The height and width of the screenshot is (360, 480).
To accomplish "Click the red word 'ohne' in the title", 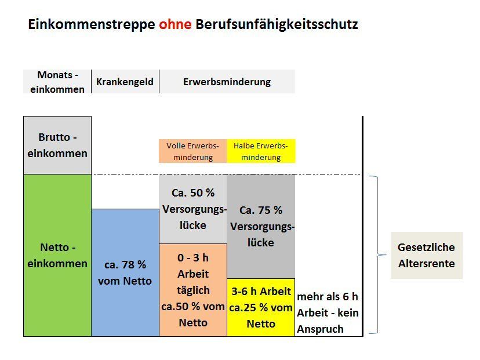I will pyautogui.click(x=175, y=25).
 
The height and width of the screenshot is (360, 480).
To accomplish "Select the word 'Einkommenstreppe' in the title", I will pyautogui.click(x=92, y=25).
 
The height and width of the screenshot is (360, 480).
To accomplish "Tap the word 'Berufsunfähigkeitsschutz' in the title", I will pyautogui.click(x=277, y=25).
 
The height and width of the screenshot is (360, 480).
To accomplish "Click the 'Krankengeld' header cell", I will pyautogui.click(x=125, y=82).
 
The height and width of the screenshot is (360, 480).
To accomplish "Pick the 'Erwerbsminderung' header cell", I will pyautogui.click(x=227, y=82).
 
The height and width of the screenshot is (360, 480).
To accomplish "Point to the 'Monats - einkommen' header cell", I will pyautogui.click(x=57, y=82).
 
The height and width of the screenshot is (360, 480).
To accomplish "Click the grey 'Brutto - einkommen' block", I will pyautogui.click(x=57, y=145).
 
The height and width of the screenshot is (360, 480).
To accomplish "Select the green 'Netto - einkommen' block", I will pyautogui.click(x=57, y=255).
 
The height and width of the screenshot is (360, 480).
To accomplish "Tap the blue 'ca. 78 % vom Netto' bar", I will pyautogui.click(x=125, y=272).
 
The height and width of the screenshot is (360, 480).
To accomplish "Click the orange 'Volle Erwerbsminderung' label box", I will pyautogui.click(x=192, y=151).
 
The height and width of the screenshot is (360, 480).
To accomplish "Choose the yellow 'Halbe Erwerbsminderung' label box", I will pyautogui.click(x=261, y=151).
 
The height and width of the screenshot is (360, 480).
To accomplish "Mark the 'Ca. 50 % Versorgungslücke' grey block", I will pyautogui.click(x=192, y=209).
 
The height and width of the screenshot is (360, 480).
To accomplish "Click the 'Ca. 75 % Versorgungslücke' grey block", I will pyautogui.click(x=261, y=226).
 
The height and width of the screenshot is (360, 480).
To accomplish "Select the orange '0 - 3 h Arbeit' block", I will pyautogui.click(x=192, y=290).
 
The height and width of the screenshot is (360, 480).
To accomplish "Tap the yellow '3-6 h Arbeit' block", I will pyautogui.click(x=261, y=307).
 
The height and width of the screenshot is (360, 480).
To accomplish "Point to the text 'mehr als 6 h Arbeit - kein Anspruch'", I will pyautogui.click(x=328, y=313).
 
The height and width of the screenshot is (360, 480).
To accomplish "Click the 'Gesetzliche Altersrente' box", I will pyautogui.click(x=426, y=255).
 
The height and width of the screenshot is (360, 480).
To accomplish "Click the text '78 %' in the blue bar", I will pyautogui.click(x=133, y=265).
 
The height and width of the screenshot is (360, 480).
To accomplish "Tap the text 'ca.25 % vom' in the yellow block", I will pyautogui.click(x=261, y=308).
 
